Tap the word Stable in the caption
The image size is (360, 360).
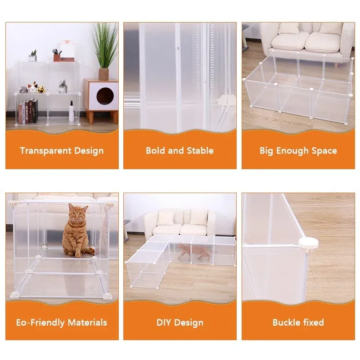(x=200, y=151)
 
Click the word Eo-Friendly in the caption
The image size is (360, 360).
(x=40, y=323)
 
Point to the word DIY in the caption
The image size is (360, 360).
(x=164, y=323)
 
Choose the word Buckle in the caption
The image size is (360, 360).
(x=286, y=322)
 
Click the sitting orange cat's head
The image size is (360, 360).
(x=78, y=213)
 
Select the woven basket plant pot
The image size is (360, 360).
(x=103, y=74)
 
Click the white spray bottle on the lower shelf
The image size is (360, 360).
(x=72, y=111)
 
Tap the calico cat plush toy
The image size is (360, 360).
(x=32, y=88)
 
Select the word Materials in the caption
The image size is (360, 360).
(x=87, y=323)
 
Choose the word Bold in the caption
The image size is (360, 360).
(x=155, y=151)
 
